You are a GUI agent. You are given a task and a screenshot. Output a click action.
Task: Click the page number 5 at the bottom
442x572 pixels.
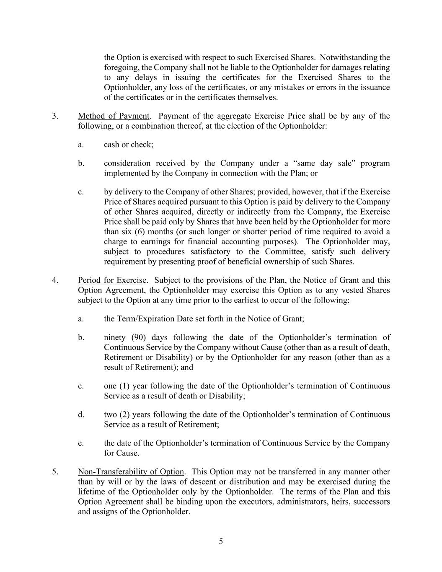[221, 541]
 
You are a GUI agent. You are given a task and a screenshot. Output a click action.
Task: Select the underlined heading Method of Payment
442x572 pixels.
[114, 116]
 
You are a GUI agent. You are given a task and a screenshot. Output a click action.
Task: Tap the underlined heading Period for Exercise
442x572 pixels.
[112, 280]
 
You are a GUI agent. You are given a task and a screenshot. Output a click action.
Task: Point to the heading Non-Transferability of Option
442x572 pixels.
[131, 472]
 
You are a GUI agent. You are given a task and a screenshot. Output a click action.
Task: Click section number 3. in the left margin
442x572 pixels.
[55, 116]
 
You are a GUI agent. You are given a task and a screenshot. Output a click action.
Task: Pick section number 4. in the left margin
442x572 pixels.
[55, 280]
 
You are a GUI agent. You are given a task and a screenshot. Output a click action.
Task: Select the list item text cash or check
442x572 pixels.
[129, 145]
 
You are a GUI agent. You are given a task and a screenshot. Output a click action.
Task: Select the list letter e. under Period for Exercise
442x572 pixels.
[81, 443]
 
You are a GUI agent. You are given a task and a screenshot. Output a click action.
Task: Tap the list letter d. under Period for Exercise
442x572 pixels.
[81, 414]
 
